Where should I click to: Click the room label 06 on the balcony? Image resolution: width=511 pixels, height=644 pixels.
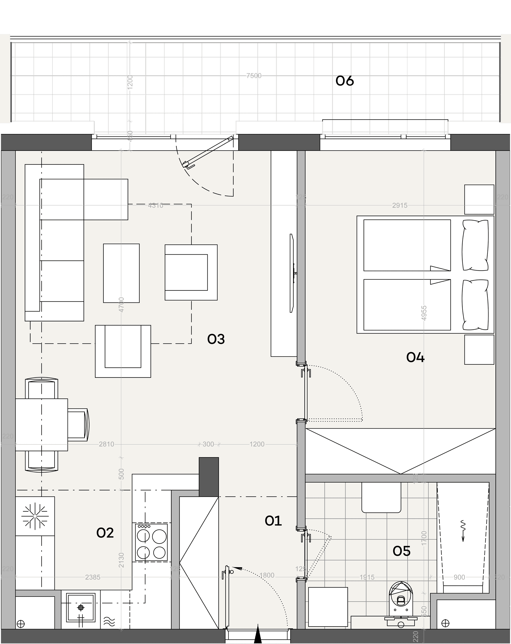click(x=345, y=81)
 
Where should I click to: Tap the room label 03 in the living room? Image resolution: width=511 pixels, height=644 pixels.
click(x=216, y=339)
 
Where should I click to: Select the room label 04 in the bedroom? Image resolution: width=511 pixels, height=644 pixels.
click(x=415, y=357)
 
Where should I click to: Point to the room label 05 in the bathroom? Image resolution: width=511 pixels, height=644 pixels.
click(x=401, y=551)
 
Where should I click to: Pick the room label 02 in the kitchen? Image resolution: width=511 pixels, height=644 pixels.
click(x=105, y=533)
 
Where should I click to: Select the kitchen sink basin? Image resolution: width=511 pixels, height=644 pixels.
click(x=81, y=607)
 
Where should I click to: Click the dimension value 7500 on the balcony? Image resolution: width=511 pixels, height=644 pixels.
click(x=254, y=76)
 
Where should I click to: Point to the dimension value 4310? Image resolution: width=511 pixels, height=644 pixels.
click(x=156, y=205)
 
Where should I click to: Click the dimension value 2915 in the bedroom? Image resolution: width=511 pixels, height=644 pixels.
click(x=400, y=205)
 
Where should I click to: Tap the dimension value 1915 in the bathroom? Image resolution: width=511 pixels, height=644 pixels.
click(x=367, y=577)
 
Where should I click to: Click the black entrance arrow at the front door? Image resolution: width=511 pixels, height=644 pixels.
click(x=258, y=635)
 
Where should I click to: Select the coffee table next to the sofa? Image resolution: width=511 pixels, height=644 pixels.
click(x=121, y=273)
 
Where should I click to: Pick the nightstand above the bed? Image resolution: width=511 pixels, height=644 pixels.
click(x=479, y=199)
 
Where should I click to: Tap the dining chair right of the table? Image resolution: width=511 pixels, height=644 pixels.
click(x=78, y=425)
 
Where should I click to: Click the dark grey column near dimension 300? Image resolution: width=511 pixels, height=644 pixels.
click(x=209, y=477)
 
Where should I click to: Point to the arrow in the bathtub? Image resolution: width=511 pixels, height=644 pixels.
click(x=463, y=531)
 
